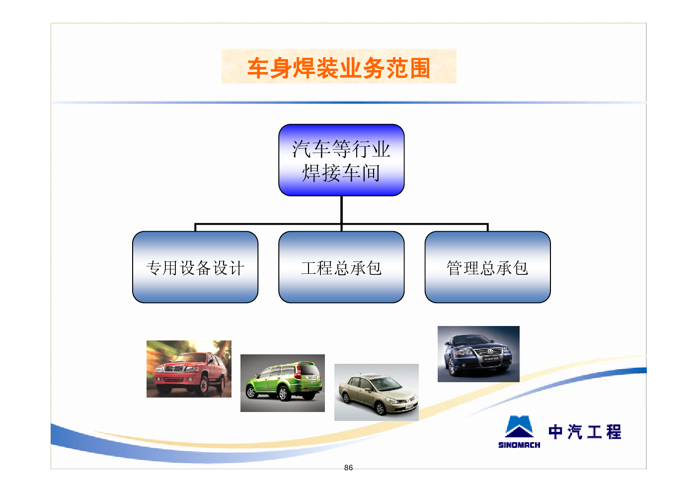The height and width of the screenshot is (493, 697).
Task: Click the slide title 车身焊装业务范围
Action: coord(339,68)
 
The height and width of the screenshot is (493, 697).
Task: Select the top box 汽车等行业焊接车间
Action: coord(341,160)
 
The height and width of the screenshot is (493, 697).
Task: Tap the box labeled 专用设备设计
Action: coord(195,267)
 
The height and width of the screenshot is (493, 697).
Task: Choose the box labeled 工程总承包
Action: coord(341,267)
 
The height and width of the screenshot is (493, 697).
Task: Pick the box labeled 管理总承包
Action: coord(487,267)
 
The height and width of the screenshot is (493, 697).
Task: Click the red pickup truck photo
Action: coord(189,369)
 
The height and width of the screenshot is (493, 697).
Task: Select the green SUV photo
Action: coord(283,383)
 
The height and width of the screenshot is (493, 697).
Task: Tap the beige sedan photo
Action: coord(377,392)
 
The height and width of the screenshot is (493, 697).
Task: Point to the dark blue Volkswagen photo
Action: coord(478,354)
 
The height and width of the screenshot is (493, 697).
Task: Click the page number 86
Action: coord(349,468)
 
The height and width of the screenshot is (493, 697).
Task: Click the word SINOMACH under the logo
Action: coord(519,445)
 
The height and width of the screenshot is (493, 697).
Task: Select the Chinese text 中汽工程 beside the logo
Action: coord(585,432)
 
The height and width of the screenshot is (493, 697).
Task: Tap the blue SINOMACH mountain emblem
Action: coord(519,427)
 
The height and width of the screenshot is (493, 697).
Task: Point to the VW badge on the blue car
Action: coord(490,352)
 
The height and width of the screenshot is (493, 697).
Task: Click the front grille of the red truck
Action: coord(175,369)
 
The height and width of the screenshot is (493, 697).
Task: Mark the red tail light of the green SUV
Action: coord(298,372)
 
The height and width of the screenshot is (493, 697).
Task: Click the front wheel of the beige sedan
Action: coord(380,408)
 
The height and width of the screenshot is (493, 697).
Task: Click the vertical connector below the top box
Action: coord(341,210)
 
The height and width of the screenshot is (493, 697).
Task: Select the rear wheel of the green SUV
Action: coord(283,394)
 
